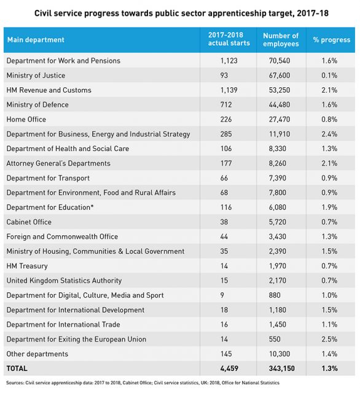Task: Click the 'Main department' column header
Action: (x=36, y=40)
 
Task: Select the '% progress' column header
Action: (x=331, y=40)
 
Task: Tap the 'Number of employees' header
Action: (x=281, y=39)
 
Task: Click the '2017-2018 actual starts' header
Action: (x=229, y=39)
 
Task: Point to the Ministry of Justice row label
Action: (x=36, y=76)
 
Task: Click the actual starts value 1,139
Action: (x=229, y=90)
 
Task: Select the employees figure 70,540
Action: (x=280, y=61)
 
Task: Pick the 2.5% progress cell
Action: (x=329, y=340)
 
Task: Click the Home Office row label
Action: (x=26, y=120)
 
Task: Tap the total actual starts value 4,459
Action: (x=229, y=368)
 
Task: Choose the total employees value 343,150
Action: (x=282, y=368)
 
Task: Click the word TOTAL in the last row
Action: (x=17, y=368)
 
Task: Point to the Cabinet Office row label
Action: (x=29, y=222)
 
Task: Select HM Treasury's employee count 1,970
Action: (x=277, y=266)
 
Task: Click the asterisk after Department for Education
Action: (x=92, y=206)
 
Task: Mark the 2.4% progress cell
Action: (x=329, y=134)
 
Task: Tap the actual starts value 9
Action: (x=222, y=295)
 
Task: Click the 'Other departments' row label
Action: (x=37, y=354)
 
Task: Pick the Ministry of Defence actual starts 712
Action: (x=226, y=105)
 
